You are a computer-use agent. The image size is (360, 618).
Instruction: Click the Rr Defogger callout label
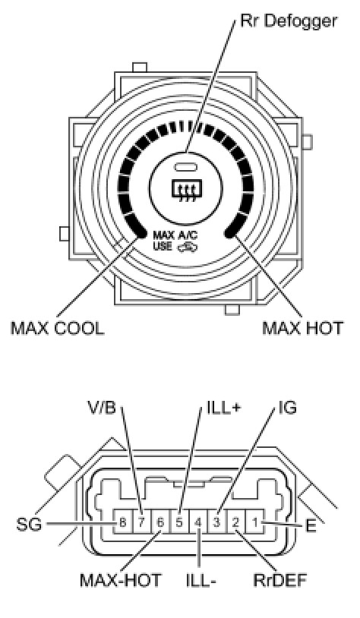289,21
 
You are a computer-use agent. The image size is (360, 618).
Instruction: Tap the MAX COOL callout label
58,328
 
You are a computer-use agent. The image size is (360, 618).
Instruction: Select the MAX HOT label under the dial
302,328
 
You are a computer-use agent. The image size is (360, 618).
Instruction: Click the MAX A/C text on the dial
175,235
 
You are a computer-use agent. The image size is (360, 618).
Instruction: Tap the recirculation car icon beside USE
188,248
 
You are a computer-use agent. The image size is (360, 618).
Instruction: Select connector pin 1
255,523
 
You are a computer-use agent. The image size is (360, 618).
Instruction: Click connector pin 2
235,523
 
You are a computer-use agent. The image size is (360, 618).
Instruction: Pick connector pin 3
216,523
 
